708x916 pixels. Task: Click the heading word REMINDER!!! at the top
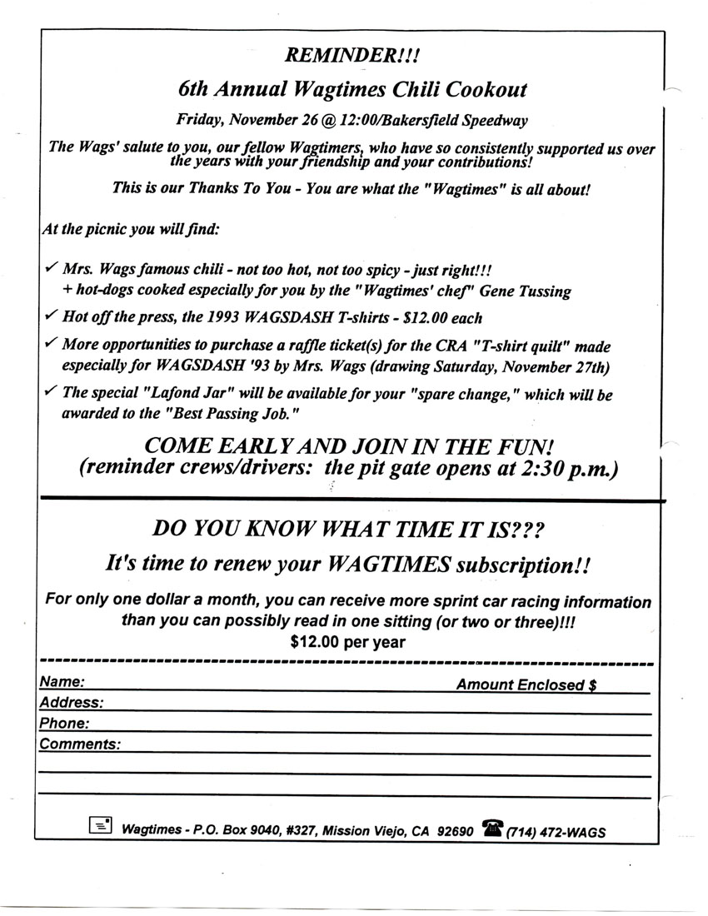(x=352, y=56)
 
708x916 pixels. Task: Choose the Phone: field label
(x=64, y=724)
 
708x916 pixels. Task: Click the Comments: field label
(x=80, y=744)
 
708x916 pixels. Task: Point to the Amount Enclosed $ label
(x=525, y=685)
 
